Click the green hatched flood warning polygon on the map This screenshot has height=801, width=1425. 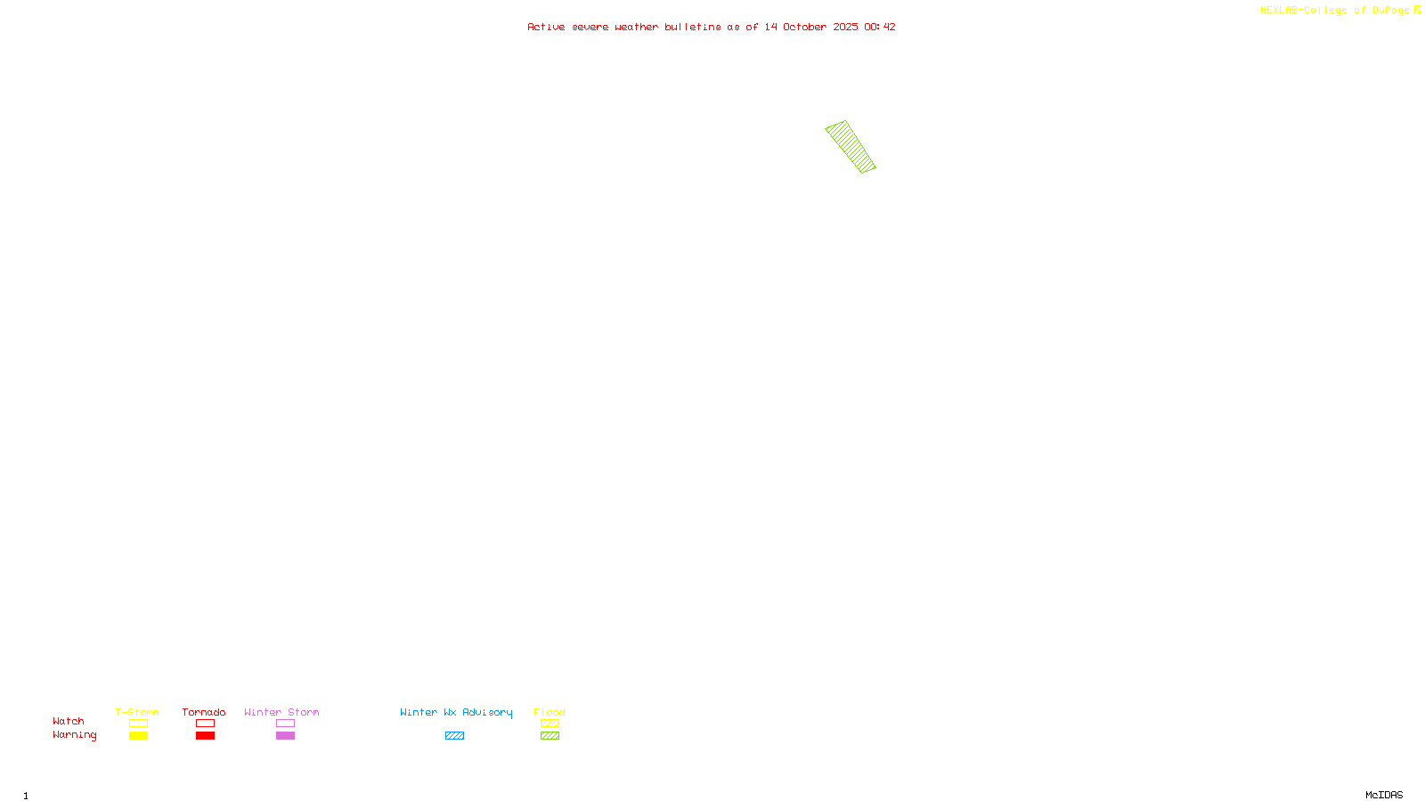coord(851,147)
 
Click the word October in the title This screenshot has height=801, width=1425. coord(804,27)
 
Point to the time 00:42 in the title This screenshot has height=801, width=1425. coord(880,27)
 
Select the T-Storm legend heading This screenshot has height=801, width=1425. coord(137,712)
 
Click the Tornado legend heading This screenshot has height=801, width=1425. coord(204,712)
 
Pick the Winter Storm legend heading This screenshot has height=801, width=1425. coord(281,712)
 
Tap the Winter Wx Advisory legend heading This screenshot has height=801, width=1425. coord(456,712)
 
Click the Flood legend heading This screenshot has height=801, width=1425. coord(550,712)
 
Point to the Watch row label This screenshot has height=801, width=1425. coord(69,721)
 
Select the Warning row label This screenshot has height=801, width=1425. coord(74,735)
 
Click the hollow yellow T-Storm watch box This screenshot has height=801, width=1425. coord(138,724)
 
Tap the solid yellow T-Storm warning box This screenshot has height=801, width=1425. coord(138,736)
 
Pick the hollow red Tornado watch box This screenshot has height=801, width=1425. coord(205,724)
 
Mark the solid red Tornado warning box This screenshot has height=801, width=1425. coord(205,736)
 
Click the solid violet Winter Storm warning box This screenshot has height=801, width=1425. coord(285,736)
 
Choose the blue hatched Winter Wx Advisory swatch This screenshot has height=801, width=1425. coord(454,736)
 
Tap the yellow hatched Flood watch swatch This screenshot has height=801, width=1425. coord(550,724)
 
